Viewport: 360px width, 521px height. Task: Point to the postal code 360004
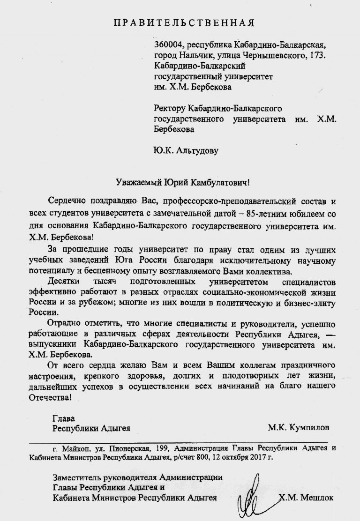pyautogui.click(x=168, y=45)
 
